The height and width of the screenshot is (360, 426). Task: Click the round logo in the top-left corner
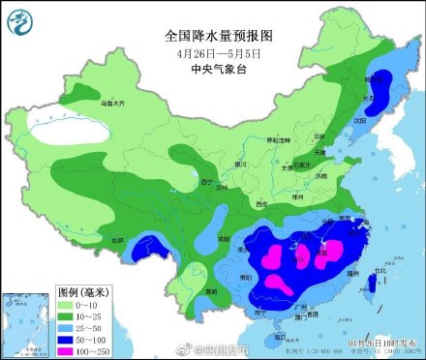[21, 20]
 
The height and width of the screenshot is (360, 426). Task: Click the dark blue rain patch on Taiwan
[373, 284]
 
